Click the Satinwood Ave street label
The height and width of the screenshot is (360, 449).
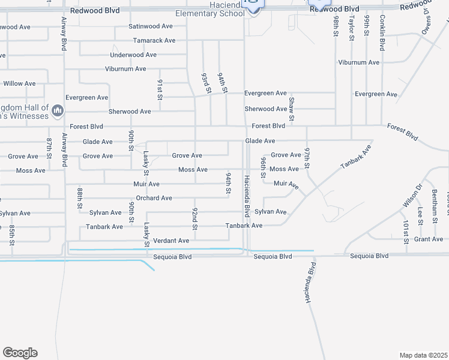151,27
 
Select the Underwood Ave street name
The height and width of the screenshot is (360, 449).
133,55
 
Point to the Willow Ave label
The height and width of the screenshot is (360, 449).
19,84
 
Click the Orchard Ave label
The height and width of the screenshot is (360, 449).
154,198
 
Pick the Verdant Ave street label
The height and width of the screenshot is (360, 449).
171,241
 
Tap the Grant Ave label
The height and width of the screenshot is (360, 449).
429,239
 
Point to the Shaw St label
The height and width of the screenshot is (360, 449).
292,109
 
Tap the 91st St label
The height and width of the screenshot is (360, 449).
160,89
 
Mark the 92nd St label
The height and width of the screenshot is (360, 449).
195,218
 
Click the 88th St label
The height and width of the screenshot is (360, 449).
80,197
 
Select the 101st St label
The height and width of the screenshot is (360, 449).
406,232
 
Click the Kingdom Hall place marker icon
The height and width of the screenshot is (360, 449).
58,110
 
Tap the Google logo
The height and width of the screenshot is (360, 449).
20,353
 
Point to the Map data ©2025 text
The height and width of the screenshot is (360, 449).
424,355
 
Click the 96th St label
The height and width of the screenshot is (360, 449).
263,168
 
